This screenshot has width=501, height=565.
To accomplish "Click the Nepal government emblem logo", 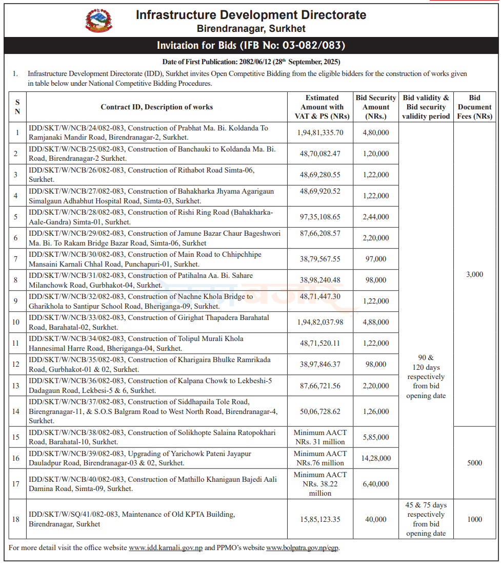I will [x=98, y=22].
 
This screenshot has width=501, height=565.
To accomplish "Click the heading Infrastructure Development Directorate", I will [x=251, y=15].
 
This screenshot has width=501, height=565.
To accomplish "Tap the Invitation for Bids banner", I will [x=251, y=46].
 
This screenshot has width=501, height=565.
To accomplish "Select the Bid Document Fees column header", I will [x=474, y=107].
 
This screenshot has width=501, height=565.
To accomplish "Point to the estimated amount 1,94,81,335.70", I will [x=320, y=133].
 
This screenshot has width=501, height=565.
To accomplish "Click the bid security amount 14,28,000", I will [x=376, y=458].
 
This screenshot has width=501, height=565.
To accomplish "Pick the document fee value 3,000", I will [x=474, y=274].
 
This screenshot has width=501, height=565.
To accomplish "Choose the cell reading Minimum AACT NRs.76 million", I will [x=320, y=458].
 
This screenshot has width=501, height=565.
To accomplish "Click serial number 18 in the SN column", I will [x=16, y=519].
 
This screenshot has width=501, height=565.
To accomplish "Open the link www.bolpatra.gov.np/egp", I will [x=302, y=548].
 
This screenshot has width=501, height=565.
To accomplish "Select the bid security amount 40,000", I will [x=376, y=519].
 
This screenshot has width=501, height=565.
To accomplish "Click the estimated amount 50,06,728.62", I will [x=320, y=411].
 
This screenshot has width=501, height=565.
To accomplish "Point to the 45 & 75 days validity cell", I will [x=425, y=519].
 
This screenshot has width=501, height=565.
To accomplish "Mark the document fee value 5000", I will [x=474, y=463].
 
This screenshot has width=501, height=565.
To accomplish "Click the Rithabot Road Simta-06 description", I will [x=142, y=175].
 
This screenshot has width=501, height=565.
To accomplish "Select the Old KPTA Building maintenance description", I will [x=131, y=519].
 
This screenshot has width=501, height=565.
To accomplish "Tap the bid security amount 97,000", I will [x=376, y=259].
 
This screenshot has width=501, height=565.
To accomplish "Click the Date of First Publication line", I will [x=251, y=62].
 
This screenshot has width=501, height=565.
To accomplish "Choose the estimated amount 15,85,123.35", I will [x=320, y=519].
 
